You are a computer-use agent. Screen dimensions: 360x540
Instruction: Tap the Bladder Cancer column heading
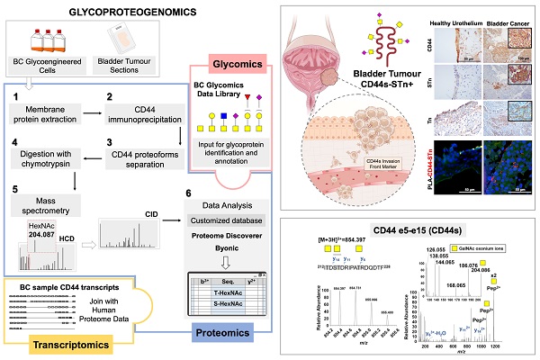506,20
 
